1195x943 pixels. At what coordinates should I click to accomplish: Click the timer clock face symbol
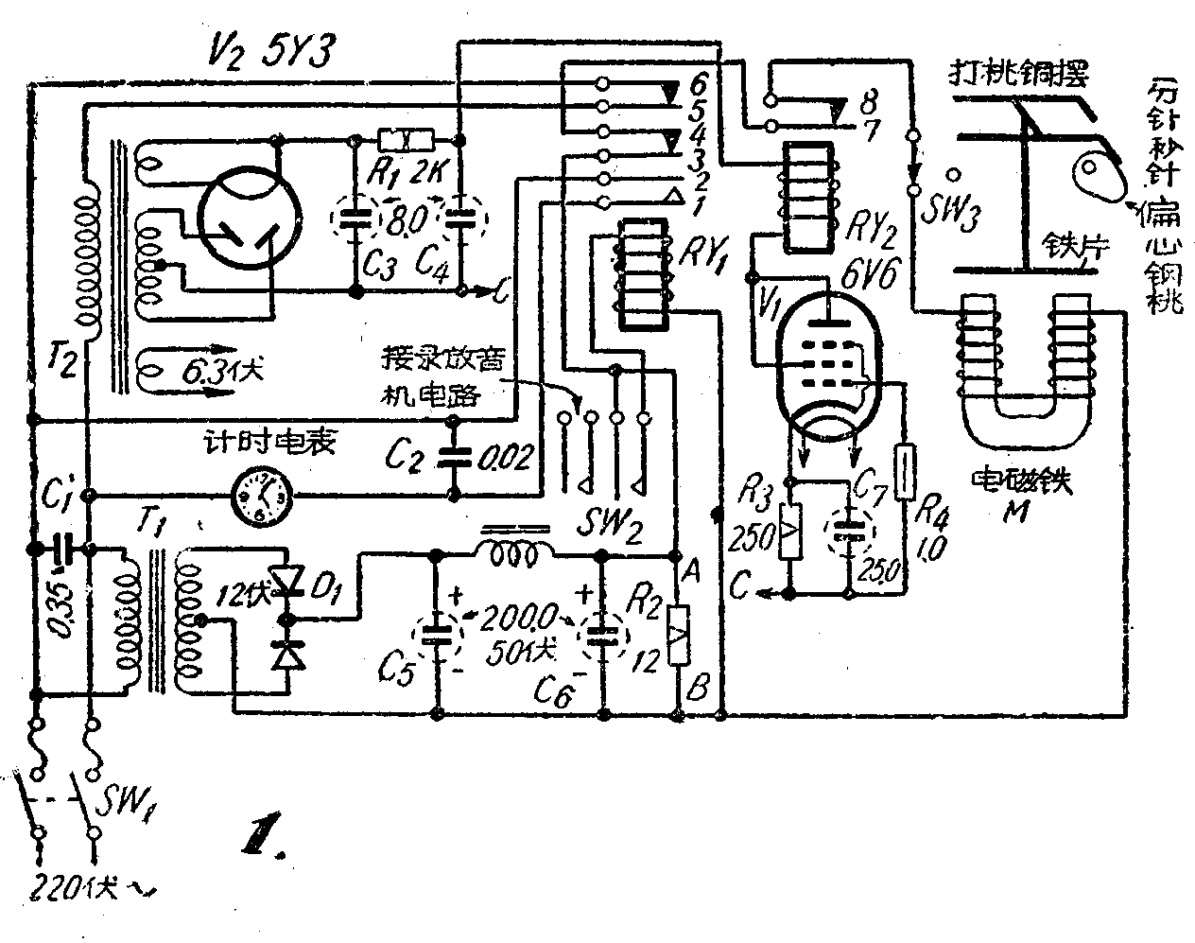tap(261, 495)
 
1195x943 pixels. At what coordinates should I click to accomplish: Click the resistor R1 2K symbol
tap(405, 141)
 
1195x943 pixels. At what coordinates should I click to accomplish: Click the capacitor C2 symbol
tap(455, 459)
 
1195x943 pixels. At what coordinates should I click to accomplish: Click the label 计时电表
tap(248, 444)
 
